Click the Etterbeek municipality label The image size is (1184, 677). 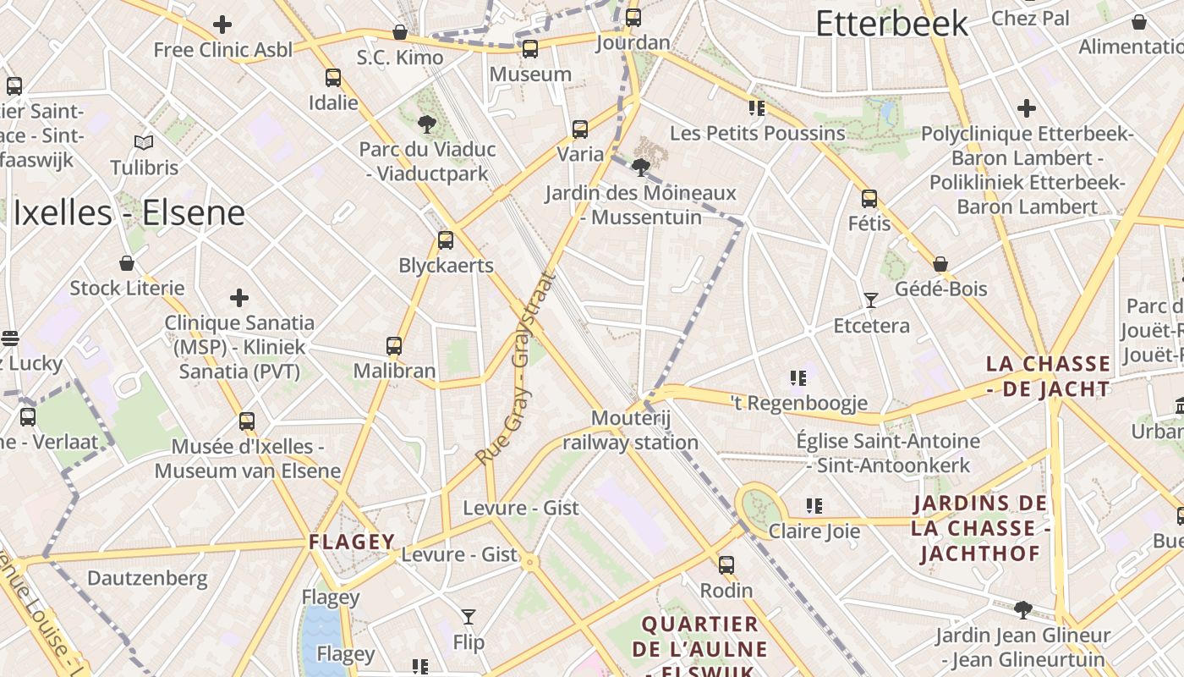[891, 24]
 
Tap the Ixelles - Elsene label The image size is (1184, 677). [129, 213]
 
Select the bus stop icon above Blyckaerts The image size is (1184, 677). [446, 240]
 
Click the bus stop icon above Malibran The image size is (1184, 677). [394, 345]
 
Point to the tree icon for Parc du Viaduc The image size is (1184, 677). [427, 124]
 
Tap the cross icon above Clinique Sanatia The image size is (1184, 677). [239, 298]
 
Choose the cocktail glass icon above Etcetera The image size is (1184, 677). [870, 300]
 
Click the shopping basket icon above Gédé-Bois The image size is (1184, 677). [940, 264]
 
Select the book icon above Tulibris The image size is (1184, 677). [144, 142]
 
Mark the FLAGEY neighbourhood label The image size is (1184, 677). [352, 542]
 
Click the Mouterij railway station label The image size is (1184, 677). [631, 430]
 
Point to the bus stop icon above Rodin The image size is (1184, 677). [726, 565]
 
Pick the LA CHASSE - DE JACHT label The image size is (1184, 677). [1049, 377]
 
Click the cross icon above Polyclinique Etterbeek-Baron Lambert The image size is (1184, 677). [1027, 108]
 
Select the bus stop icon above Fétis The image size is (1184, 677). [869, 199]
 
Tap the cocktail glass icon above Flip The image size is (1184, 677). [469, 617]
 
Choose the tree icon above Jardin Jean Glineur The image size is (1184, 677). [1023, 609]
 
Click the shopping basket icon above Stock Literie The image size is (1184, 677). [127, 263]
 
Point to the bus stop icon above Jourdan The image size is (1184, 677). [633, 18]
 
